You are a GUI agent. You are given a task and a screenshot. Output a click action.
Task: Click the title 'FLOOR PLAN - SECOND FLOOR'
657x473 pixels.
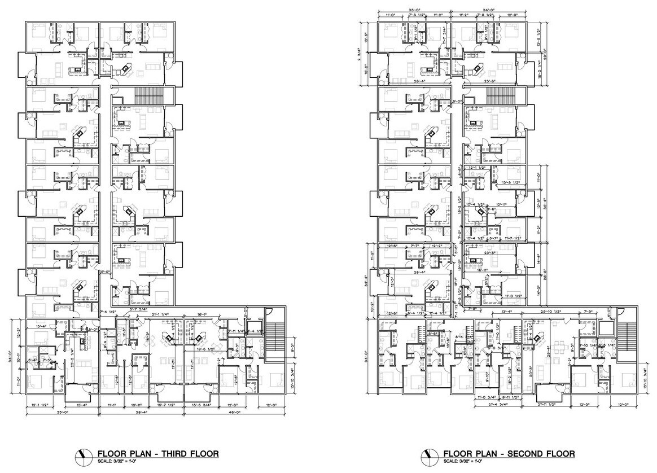pos(509,453)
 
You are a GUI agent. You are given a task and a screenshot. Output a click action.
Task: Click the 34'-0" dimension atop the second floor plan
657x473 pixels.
pos(488,10)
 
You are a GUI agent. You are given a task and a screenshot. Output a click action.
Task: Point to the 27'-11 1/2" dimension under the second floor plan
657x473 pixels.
pos(546,405)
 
